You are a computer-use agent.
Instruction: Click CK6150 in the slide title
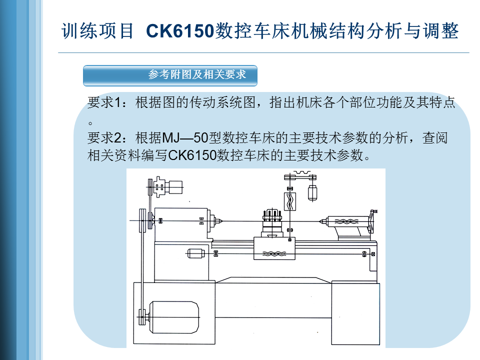click(x=179, y=31)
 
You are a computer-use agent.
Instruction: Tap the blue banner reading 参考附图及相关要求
click(x=170, y=75)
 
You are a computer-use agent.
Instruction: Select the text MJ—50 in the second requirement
click(x=185, y=138)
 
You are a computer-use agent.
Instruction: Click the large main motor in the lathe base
click(x=174, y=317)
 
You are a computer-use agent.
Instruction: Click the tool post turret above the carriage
click(x=272, y=216)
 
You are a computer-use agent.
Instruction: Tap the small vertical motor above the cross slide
click(x=312, y=193)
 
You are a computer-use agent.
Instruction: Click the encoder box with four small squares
click(x=159, y=186)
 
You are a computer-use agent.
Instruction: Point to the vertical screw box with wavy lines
click(x=290, y=201)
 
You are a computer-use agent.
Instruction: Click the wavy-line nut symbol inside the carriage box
click(x=274, y=253)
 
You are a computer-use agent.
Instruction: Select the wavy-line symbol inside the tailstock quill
click(x=346, y=221)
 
